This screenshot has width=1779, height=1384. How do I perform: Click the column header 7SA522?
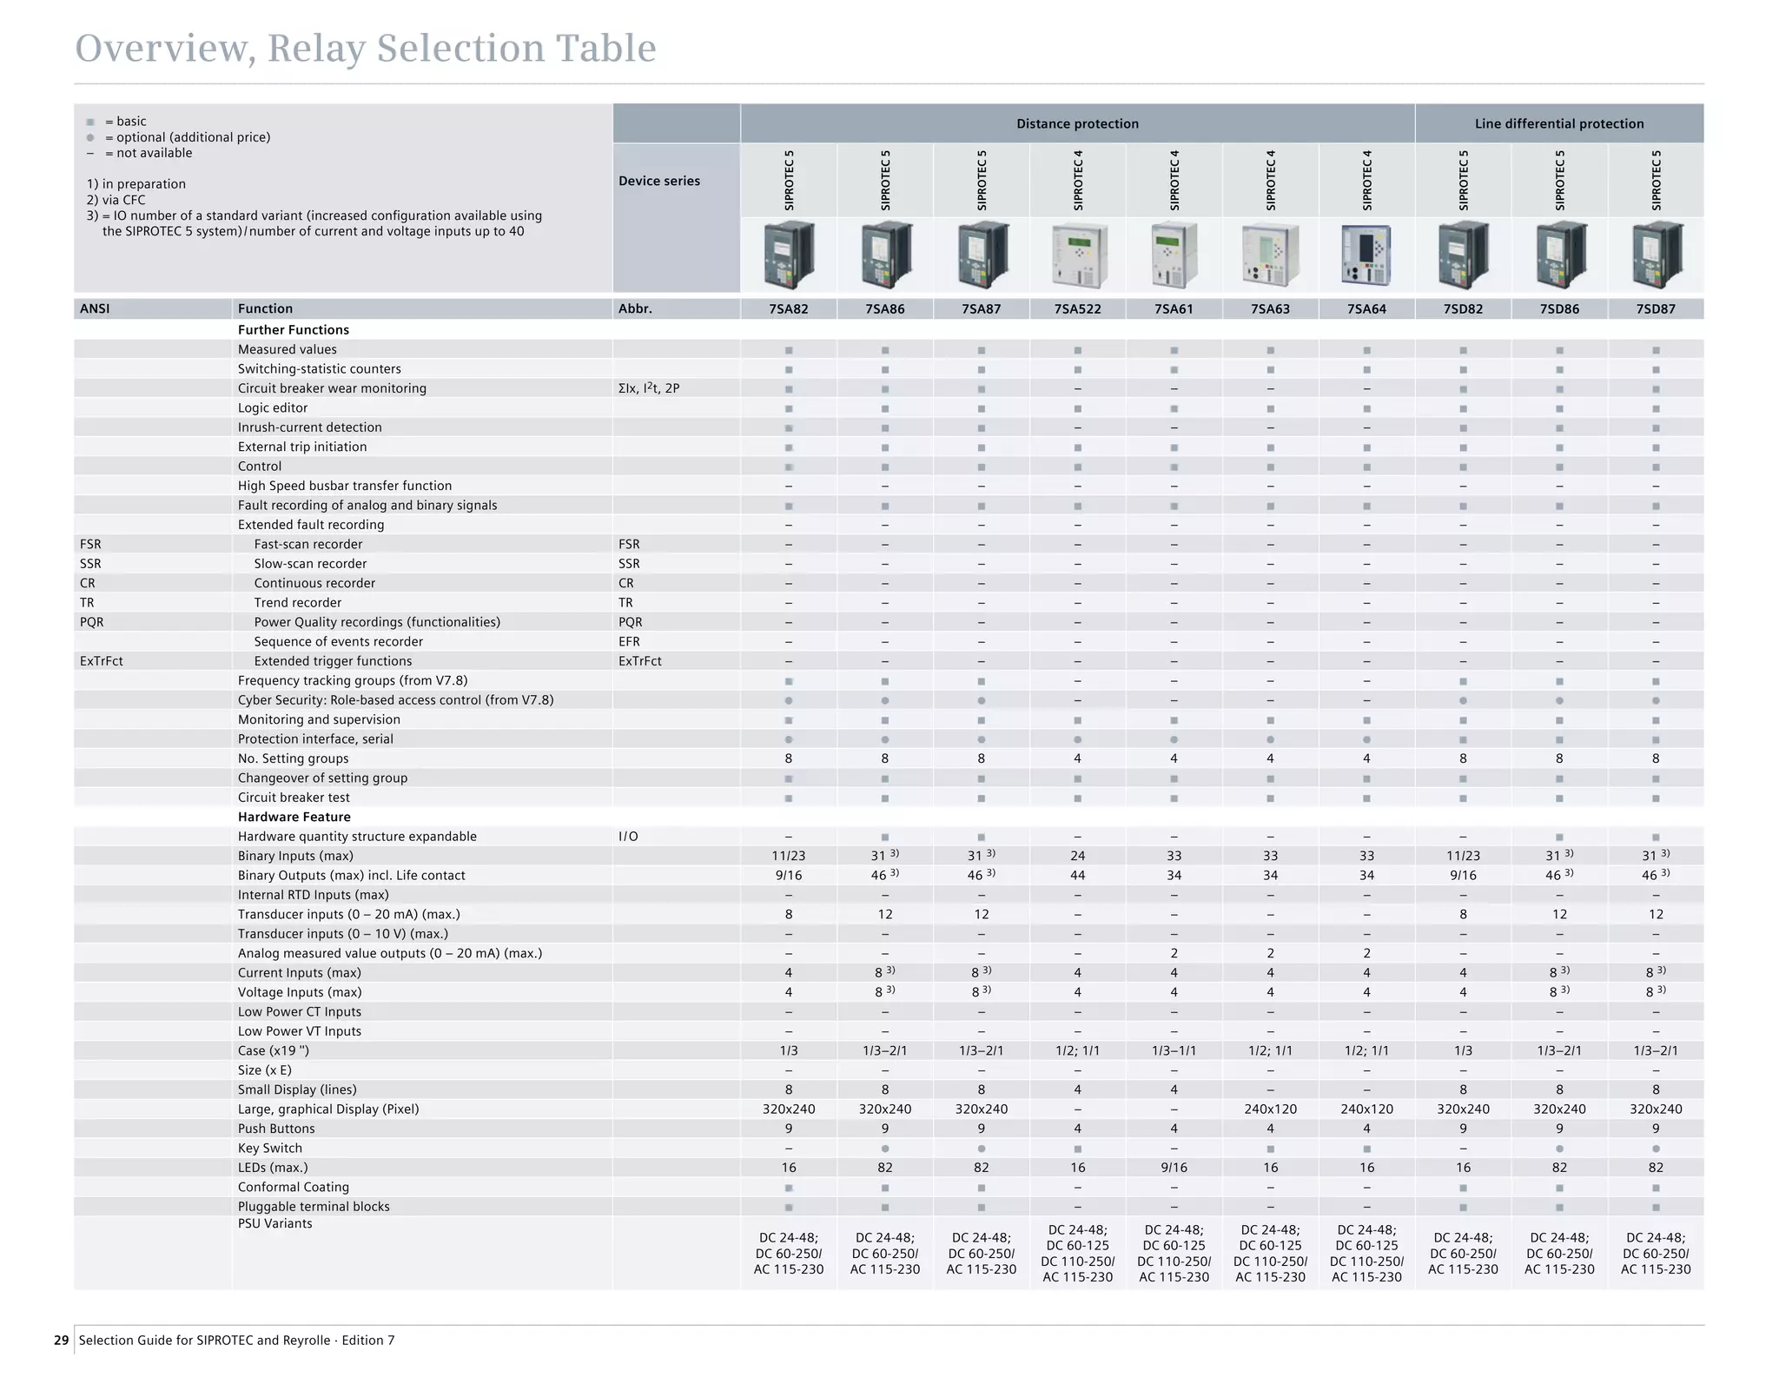pos(1077,308)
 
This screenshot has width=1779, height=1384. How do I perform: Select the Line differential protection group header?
pos(1558,123)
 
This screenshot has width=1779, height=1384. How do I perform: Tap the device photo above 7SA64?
pos(1366,255)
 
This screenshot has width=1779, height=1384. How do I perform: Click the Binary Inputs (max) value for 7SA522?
pos(1077,856)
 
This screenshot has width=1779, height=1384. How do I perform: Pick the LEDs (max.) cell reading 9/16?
pos(1174,1168)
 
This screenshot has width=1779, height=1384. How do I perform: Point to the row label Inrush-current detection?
pos(309,427)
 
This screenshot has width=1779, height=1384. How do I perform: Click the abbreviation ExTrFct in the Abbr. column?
pos(639,661)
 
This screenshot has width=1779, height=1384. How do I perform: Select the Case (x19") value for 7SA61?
pos(1174,1050)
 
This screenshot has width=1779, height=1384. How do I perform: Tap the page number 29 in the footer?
pos(61,1340)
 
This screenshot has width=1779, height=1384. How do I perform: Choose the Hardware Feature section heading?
pos(294,817)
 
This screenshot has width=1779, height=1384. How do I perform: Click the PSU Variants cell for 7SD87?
pos(1655,1253)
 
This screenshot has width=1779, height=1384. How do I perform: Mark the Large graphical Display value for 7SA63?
pos(1270,1109)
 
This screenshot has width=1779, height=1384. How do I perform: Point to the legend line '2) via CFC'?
pos(116,200)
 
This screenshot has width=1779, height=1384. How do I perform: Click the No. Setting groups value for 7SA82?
pos(788,758)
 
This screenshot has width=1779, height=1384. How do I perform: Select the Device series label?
pos(658,181)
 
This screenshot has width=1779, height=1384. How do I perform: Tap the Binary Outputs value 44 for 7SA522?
pos(1077,875)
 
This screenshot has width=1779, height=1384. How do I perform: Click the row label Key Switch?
pos(269,1148)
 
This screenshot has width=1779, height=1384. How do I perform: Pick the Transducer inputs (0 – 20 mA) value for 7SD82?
pos(1463,914)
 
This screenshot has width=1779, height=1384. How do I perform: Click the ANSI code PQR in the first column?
pos(91,622)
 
